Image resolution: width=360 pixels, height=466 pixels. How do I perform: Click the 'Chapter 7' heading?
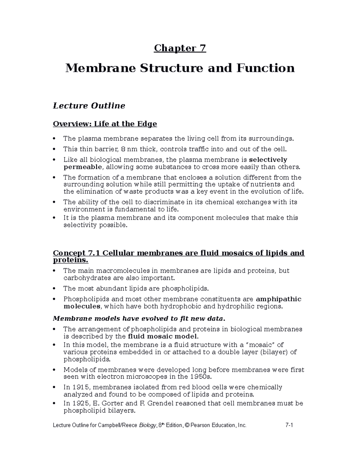point(180,48)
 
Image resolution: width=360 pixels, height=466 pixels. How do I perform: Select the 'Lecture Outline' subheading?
point(89,106)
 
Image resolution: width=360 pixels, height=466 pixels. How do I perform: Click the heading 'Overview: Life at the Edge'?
point(105,124)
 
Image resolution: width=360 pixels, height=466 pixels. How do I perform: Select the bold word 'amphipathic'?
point(278,299)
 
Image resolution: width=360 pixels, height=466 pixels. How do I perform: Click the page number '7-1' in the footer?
point(289,425)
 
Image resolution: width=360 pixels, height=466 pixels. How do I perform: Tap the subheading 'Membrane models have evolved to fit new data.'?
point(138,318)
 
